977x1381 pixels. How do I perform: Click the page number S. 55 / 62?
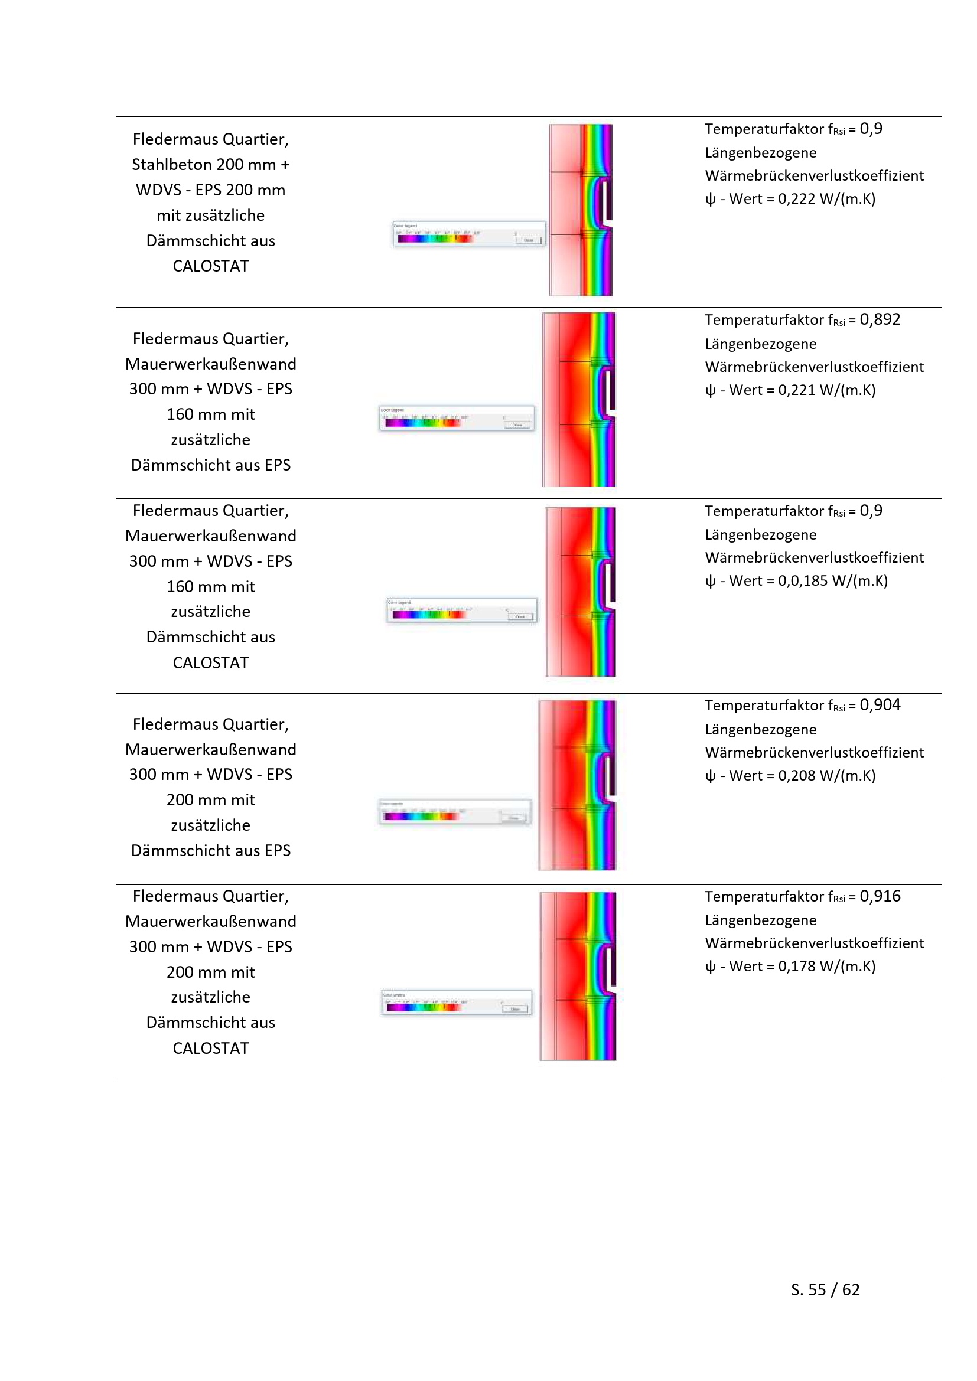825,1289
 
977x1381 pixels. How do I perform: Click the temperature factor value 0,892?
880,319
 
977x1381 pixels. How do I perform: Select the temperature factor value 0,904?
880,705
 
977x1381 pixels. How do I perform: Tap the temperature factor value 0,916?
880,896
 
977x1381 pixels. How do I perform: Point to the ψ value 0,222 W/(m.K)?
826,199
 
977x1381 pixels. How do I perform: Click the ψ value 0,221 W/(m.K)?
826,390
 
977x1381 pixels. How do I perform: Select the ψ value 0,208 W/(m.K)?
826,776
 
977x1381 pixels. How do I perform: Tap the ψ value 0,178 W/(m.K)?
826,967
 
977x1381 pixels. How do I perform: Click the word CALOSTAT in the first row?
210,266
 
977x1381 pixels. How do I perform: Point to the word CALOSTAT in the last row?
210,1049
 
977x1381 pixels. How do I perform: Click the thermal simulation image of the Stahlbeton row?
581,210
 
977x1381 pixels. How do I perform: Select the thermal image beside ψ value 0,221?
579,399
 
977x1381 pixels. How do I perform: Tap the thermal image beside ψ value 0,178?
578,975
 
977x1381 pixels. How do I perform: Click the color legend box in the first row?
469,233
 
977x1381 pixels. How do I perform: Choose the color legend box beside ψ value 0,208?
455,813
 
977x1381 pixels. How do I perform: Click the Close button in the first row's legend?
529,240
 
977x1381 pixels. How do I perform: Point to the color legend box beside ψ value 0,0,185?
461,610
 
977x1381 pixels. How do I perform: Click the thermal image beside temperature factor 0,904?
577,785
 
